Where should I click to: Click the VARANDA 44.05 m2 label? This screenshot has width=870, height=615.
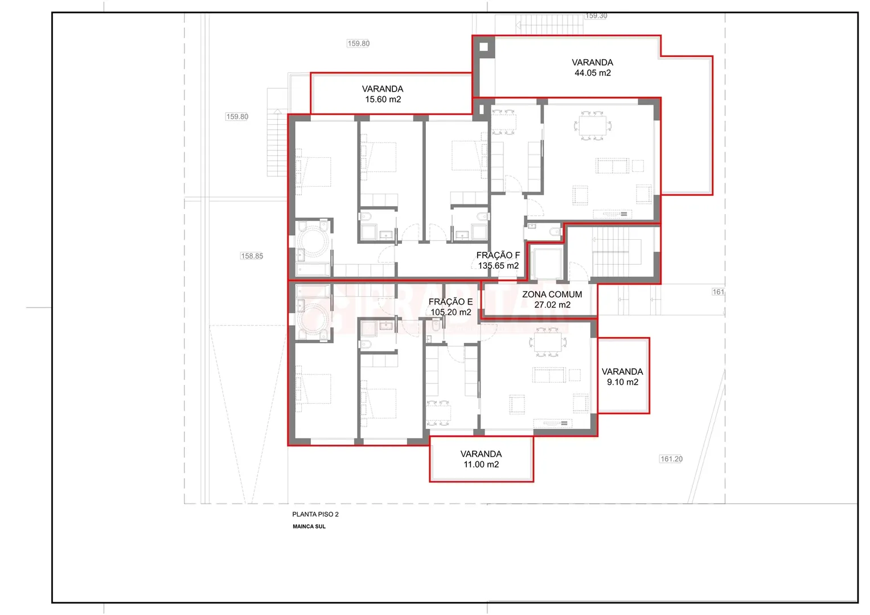click(x=592, y=68)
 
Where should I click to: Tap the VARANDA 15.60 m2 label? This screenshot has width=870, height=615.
click(x=383, y=94)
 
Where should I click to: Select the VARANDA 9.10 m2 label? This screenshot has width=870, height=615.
click(x=622, y=377)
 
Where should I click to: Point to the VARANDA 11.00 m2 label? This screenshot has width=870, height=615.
click(x=481, y=459)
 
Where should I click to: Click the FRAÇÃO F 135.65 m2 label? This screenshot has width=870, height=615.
click(x=498, y=260)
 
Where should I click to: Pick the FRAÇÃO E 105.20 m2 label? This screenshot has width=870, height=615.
click(x=450, y=307)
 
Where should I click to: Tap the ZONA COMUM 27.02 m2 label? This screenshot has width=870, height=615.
click(x=552, y=300)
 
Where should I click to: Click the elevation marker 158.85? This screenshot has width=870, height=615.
click(x=252, y=256)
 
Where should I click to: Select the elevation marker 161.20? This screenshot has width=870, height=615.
click(x=671, y=459)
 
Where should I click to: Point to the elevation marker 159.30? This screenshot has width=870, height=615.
click(x=596, y=15)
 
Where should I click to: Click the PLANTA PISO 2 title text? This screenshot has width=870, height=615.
click(x=315, y=514)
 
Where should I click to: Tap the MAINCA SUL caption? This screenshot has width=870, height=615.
click(x=309, y=527)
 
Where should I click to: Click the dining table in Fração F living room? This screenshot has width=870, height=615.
click(x=592, y=125)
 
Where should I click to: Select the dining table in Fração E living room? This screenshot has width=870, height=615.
click(x=547, y=342)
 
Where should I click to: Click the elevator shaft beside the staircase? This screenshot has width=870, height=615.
click(x=547, y=263)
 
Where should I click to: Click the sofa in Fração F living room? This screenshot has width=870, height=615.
click(x=612, y=166)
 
